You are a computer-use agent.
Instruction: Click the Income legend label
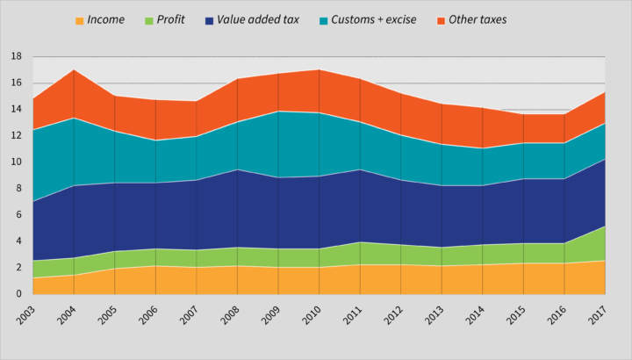coord(106,19)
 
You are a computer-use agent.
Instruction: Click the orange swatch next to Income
coord(80,19)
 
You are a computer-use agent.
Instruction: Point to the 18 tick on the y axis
coord(16,56)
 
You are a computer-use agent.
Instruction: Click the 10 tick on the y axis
coord(16,162)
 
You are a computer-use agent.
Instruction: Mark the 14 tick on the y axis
coord(16,109)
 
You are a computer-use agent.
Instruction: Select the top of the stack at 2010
coord(319,69)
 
